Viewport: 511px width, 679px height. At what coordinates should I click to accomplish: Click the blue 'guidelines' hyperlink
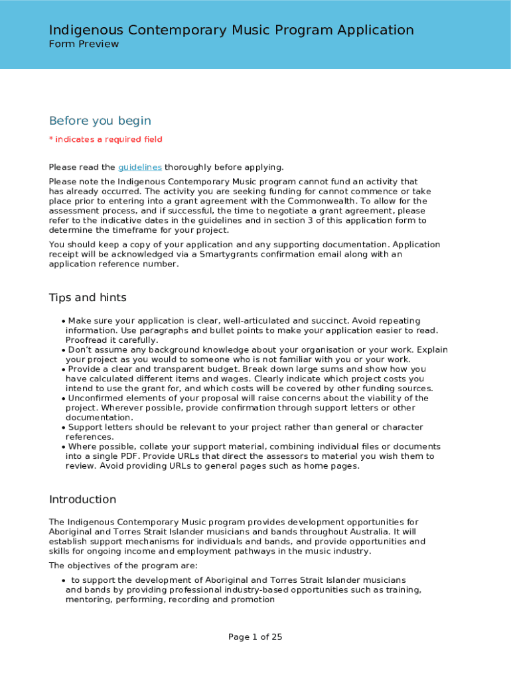(x=140, y=167)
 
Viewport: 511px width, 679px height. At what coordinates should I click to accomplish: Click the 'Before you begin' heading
(x=100, y=121)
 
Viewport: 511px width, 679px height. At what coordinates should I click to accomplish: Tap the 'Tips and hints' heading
(x=88, y=297)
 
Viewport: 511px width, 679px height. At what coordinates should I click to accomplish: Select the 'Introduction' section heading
(x=82, y=499)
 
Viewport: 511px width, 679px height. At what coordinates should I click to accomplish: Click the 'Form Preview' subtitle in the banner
(x=84, y=44)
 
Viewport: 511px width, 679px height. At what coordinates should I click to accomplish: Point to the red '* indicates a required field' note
(x=106, y=139)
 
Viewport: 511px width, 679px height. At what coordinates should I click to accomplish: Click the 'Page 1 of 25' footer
(x=256, y=637)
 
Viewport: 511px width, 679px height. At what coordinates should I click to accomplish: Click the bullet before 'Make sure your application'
(x=63, y=321)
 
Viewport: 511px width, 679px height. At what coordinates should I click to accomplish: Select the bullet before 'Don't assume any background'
(x=63, y=350)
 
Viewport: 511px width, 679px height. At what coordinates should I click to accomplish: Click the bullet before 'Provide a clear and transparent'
(x=63, y=369)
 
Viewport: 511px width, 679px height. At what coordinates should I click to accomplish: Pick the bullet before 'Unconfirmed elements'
(x=63, y=399)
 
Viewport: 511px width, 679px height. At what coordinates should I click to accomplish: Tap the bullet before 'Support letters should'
(x=63, y=428)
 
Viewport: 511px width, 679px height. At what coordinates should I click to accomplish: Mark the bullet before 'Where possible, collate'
(x=63, y=447)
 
